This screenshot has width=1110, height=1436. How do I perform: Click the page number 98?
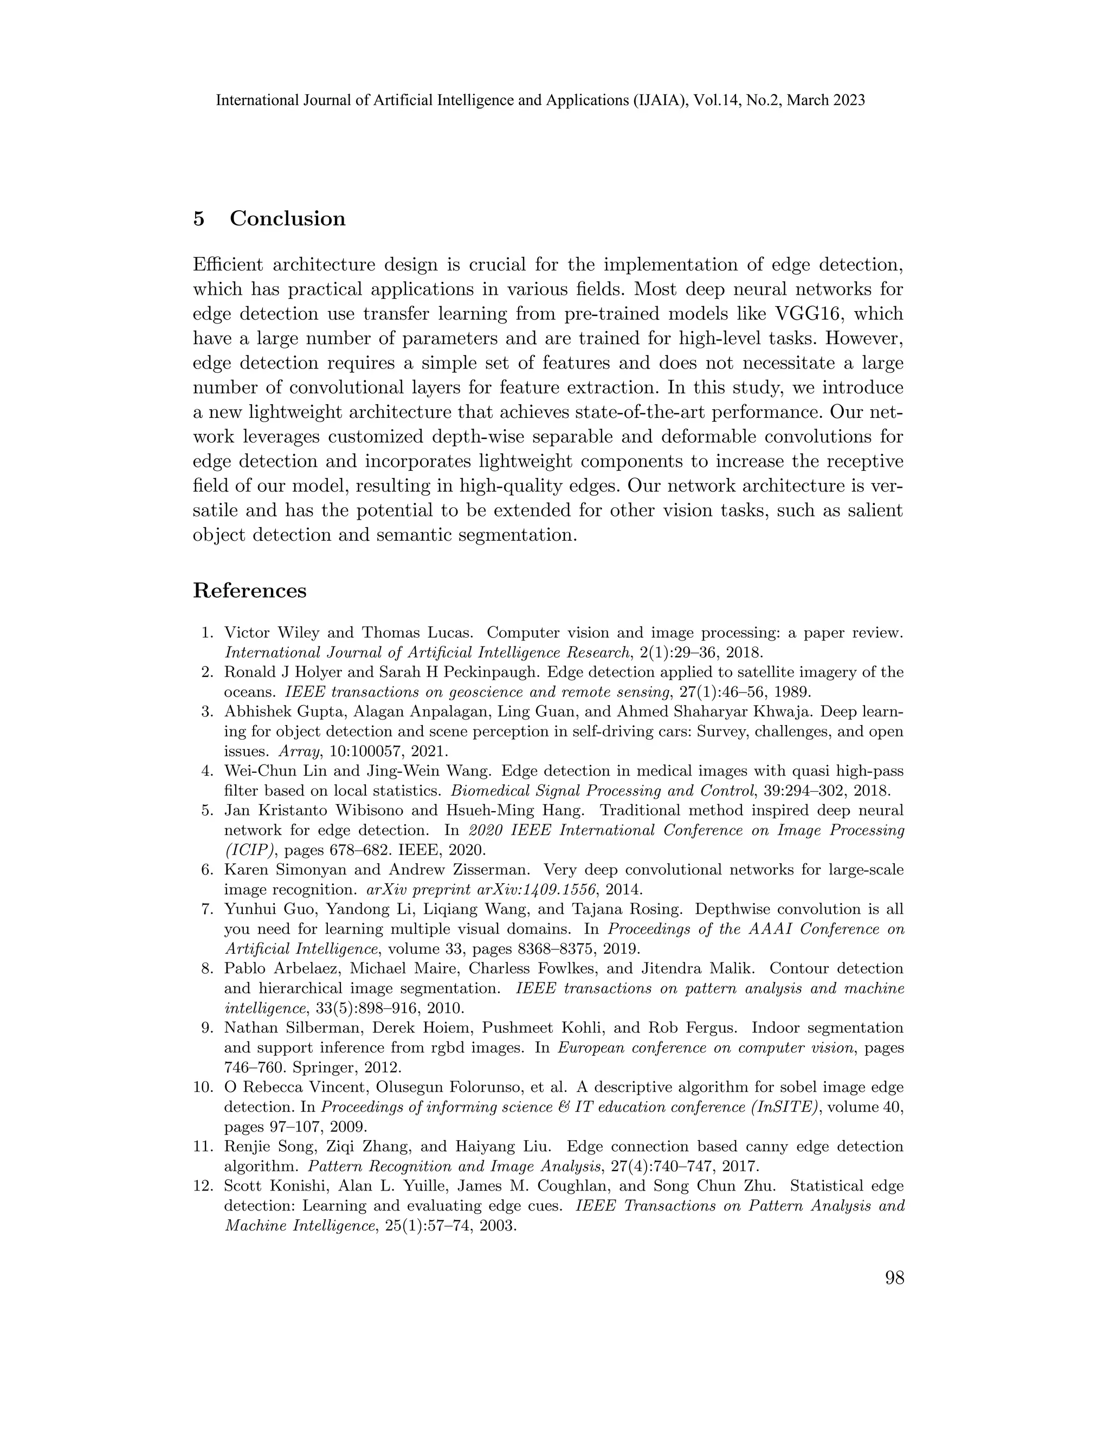pos(894,1278)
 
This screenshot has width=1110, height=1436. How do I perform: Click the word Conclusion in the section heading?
pos(287,218)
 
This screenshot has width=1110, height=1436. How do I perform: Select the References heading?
pos(250,591)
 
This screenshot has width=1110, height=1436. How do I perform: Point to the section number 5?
pos(198,218)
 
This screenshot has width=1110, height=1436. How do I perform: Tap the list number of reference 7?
pos(208,909)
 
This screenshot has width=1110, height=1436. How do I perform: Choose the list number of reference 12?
pos(204,1186)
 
